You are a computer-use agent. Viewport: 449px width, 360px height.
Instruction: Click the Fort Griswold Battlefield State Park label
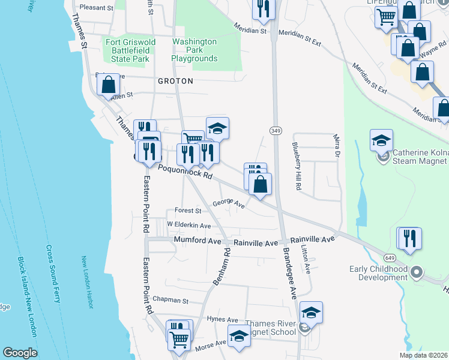pyautogui.click(x=130, y=50)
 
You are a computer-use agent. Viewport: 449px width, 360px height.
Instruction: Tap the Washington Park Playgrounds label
pyautogui.click(x=194, y=50)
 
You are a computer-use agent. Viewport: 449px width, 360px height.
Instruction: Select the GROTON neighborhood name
pyautogui.click(x=175, y=80)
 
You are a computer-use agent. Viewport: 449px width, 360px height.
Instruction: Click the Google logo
pyautogui.click(x=20, y=353)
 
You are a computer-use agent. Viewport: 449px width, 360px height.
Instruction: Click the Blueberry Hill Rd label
pyautogui.click(x=296, y=166)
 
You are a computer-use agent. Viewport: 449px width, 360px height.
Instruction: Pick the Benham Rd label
pyautogui.click(x=221, y=268)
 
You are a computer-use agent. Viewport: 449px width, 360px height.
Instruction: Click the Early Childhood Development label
pyautogui.click(x=378, y=273)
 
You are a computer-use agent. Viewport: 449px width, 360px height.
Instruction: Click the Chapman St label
pyautogui.click(x=170, y=300)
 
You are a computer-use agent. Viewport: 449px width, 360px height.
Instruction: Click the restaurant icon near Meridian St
pyautogui.click(x=264, y=8)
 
